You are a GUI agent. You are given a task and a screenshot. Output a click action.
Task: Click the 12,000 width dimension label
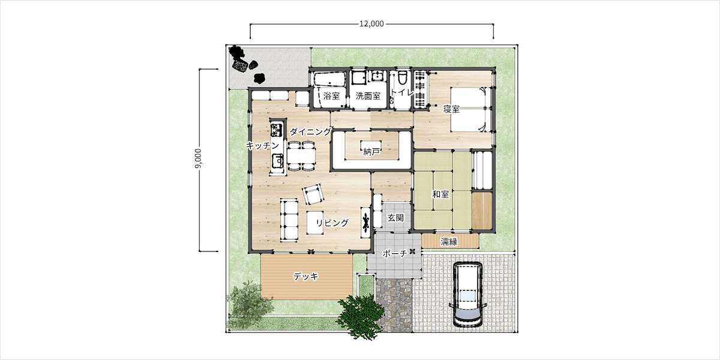pos(371,24)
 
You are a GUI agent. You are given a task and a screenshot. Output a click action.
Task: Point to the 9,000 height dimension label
pos(199,158)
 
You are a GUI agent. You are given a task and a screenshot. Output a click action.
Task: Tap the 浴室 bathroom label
pos(331,95)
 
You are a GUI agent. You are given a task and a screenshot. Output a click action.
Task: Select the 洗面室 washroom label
pos(368,95)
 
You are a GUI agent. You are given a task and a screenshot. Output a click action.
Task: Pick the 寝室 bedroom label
pos(451,109)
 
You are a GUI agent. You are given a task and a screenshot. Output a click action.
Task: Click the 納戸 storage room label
pos(371,152)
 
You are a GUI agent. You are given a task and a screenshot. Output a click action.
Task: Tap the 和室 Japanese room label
pos(440,194)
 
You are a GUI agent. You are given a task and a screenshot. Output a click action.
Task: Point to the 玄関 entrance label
pos(395,218)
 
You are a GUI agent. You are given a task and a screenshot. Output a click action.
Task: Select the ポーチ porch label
pos(394,253)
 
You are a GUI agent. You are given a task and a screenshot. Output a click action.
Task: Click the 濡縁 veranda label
pos(449,242)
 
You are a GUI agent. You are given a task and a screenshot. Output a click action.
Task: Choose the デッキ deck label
pos(305,276)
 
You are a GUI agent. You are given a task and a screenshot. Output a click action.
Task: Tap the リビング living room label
pos(332,223)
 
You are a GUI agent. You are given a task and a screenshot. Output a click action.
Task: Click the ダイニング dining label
pos(310,131)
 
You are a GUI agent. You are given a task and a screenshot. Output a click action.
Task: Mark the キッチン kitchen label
pos(263,145)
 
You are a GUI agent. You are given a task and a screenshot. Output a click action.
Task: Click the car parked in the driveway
pos(467,294)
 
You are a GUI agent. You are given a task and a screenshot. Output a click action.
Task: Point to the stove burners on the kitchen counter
pos(277,130)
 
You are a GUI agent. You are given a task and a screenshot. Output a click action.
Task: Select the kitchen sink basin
pos(277,160)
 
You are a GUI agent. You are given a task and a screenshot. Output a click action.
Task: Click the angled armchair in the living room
pos(313,194)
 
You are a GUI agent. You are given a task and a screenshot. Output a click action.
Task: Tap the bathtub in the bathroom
pos(329,79)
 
